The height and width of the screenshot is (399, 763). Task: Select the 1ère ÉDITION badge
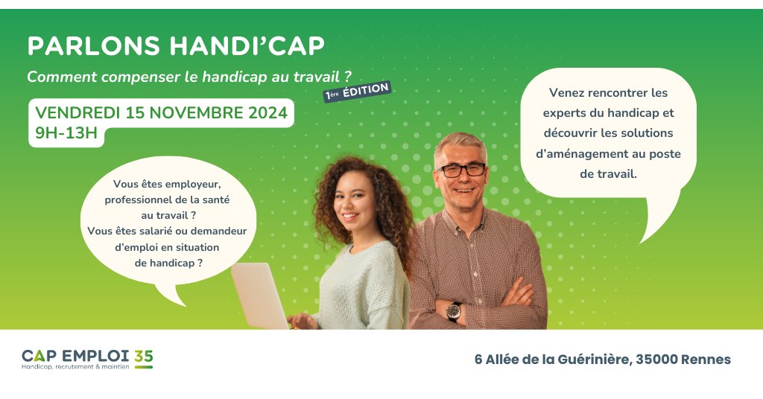click(357, 92)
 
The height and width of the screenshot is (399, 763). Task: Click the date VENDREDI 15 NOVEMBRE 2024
click(162, 113)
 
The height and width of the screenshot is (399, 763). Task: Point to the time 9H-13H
click(66, 134)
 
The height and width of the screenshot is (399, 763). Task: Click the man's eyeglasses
click(461, 170)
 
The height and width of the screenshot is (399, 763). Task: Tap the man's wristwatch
click(455, 310)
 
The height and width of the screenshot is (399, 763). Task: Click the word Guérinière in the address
click(592, 360)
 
